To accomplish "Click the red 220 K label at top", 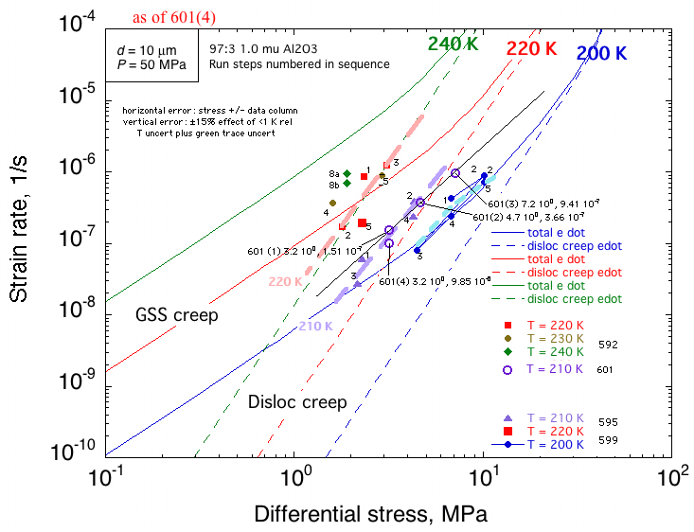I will click(531, 48).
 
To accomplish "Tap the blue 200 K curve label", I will click(602, 54).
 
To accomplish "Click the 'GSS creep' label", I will click(177, 314).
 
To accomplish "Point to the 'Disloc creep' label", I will click(296, 401).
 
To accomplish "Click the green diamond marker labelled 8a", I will click(347, 174).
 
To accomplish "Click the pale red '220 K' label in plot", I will click(285, 281).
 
